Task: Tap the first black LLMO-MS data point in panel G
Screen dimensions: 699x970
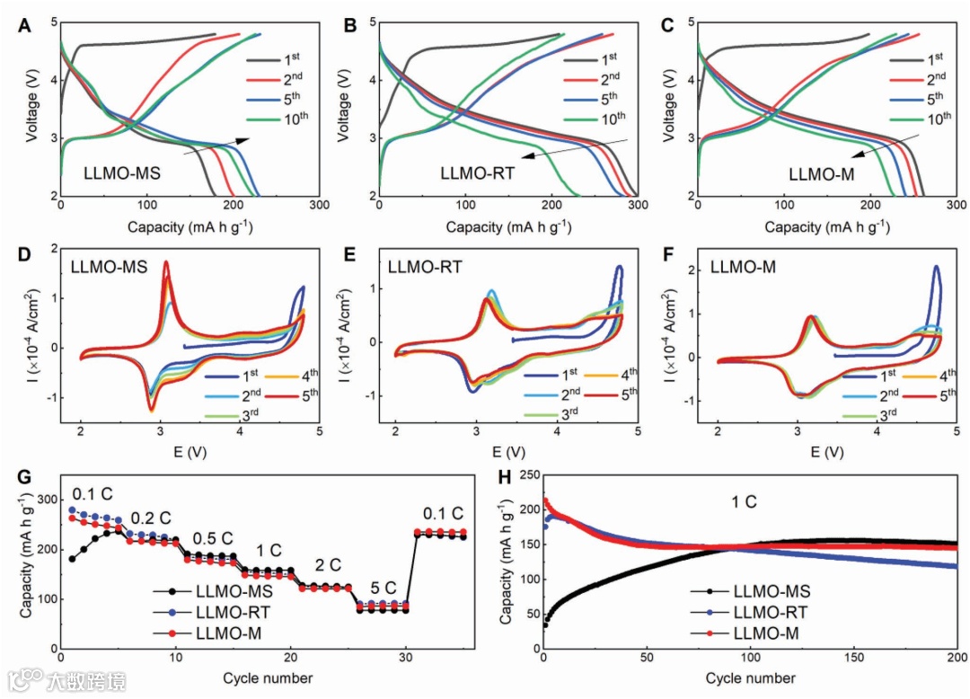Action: [72, 559]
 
